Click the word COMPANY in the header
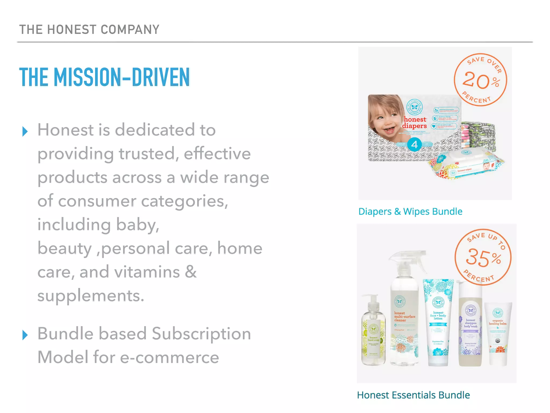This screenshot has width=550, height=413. [x=130, y=30]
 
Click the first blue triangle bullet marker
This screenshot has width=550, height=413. [x=25, y=131]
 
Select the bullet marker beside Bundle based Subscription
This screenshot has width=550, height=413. [x=25, y=335]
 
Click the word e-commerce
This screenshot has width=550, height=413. [x=169, y=357]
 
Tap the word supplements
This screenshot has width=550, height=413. [x=91, y=296]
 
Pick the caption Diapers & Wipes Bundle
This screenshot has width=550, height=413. [x=410, y=212]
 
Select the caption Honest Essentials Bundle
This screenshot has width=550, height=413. [x=413, y=395]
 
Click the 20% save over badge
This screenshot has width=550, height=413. [x=480, y=80]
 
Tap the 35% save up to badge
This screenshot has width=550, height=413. [x=483, y=257]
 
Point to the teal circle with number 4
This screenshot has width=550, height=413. [x=414, y=145]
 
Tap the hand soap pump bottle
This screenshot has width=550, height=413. [x=373, y=333]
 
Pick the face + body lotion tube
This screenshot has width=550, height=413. [x=438, y=323]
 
